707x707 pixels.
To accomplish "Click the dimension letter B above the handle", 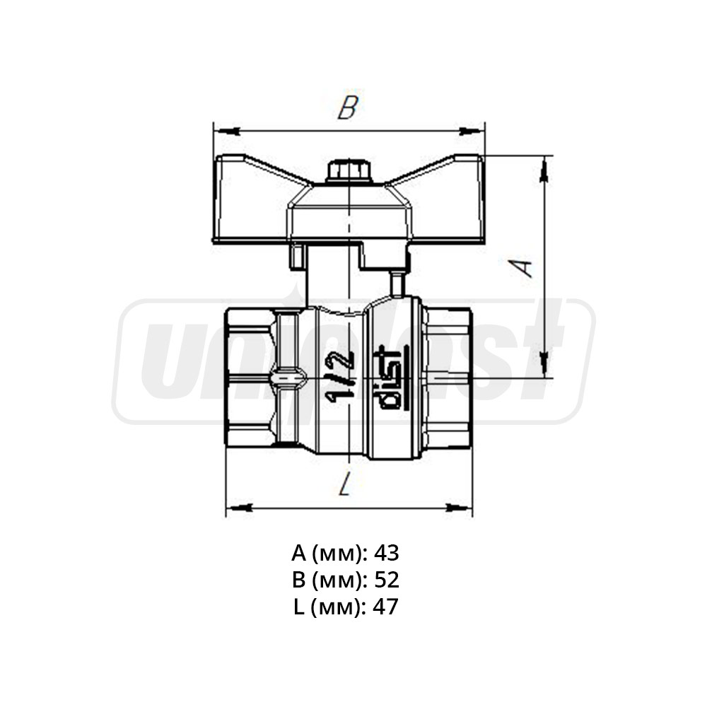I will point(348,107).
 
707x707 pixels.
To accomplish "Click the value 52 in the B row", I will point(386,580).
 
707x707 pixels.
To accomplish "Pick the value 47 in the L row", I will point(386,607).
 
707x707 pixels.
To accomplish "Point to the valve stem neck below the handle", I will point(332,279).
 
